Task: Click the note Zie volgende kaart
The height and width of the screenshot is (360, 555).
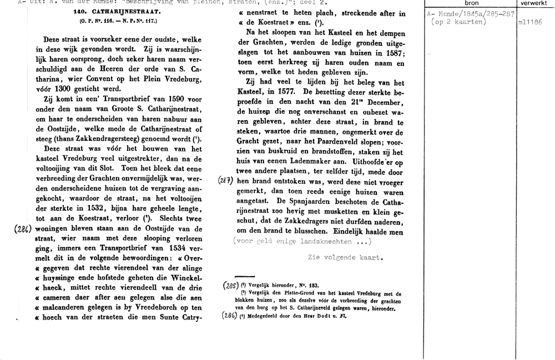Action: point(345,257)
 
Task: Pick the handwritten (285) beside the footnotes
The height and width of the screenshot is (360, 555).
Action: point(229,286)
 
